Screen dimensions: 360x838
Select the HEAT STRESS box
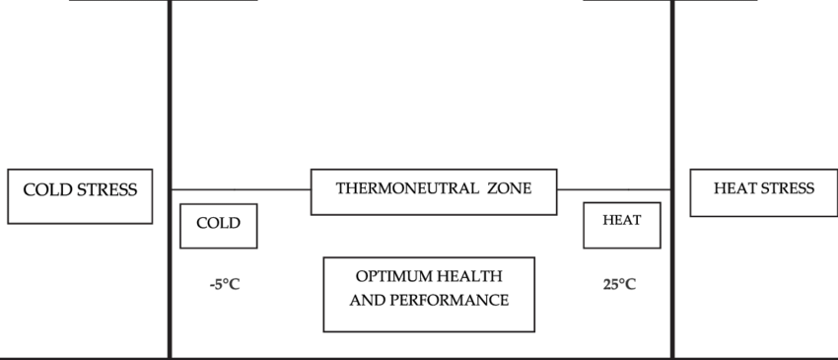point(764,192)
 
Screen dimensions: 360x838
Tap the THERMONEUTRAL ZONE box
point(434,191)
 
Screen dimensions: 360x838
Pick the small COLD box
point(218,226)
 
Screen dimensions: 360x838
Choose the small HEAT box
point(621,224)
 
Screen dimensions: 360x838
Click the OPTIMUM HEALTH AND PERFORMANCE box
point(429,294)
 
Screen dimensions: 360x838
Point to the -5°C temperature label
point(225,285)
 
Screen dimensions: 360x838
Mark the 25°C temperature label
point(619,285)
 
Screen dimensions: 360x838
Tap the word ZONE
point(508,187)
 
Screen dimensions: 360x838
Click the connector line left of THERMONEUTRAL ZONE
point(242,188)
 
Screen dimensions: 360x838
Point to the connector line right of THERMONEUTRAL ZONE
point(613,188)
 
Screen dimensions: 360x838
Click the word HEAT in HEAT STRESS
point(735,187)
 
